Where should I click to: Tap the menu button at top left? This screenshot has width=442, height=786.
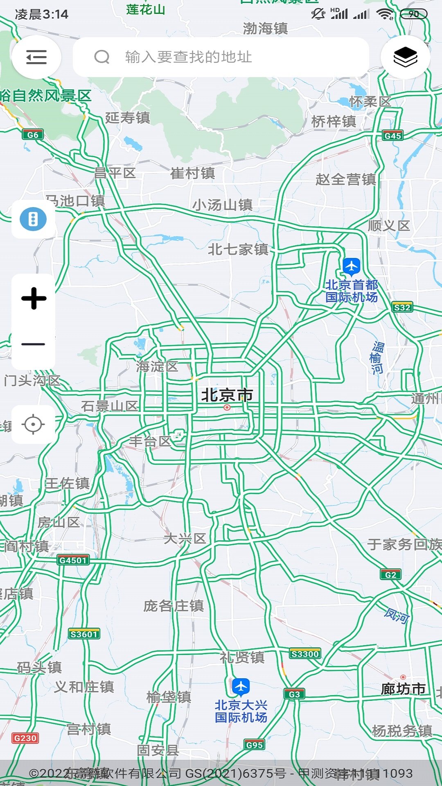(36, 57)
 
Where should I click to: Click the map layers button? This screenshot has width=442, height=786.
(405, 57)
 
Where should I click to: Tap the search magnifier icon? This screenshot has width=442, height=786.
(102, 57)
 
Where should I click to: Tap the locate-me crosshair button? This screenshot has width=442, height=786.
(33, 424)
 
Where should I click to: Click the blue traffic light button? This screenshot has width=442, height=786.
(33, 219)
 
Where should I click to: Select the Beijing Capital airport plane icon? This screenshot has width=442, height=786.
(351, 267)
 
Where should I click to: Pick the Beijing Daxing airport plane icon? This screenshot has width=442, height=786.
(241, 687)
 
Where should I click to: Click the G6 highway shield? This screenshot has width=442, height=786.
(33, 135)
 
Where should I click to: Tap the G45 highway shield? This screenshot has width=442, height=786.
(392, 136)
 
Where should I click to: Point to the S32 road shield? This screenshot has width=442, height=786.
(402, 307)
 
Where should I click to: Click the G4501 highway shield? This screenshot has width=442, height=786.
(73, 560)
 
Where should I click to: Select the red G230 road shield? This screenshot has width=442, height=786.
(25, 738)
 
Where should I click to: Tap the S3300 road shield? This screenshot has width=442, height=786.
(305, 654)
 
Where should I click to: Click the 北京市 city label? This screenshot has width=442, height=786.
(227, 395)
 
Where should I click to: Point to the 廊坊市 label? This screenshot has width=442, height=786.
(403, 689)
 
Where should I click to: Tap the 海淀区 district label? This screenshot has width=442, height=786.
(157, 366)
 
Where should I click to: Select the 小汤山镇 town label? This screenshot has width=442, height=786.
(222, 205)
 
